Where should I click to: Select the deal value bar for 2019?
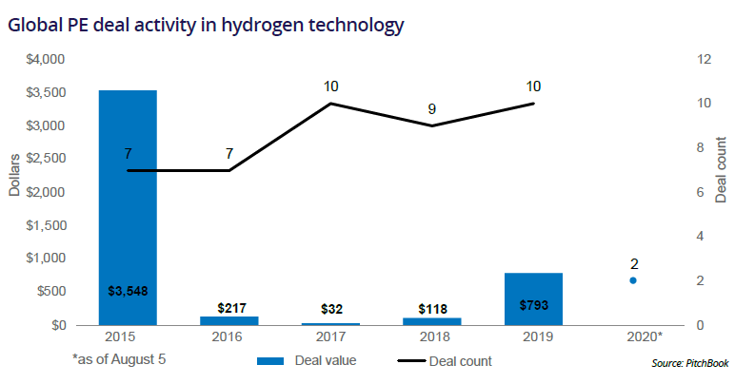point(533,298)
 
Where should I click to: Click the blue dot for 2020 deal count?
point(633,280)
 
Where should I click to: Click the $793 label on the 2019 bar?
point(533,305)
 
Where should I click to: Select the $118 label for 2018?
point(434,308)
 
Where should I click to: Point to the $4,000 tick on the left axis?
point(44,59)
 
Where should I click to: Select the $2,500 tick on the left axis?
point(44,159)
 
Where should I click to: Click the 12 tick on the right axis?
point(704,59)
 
